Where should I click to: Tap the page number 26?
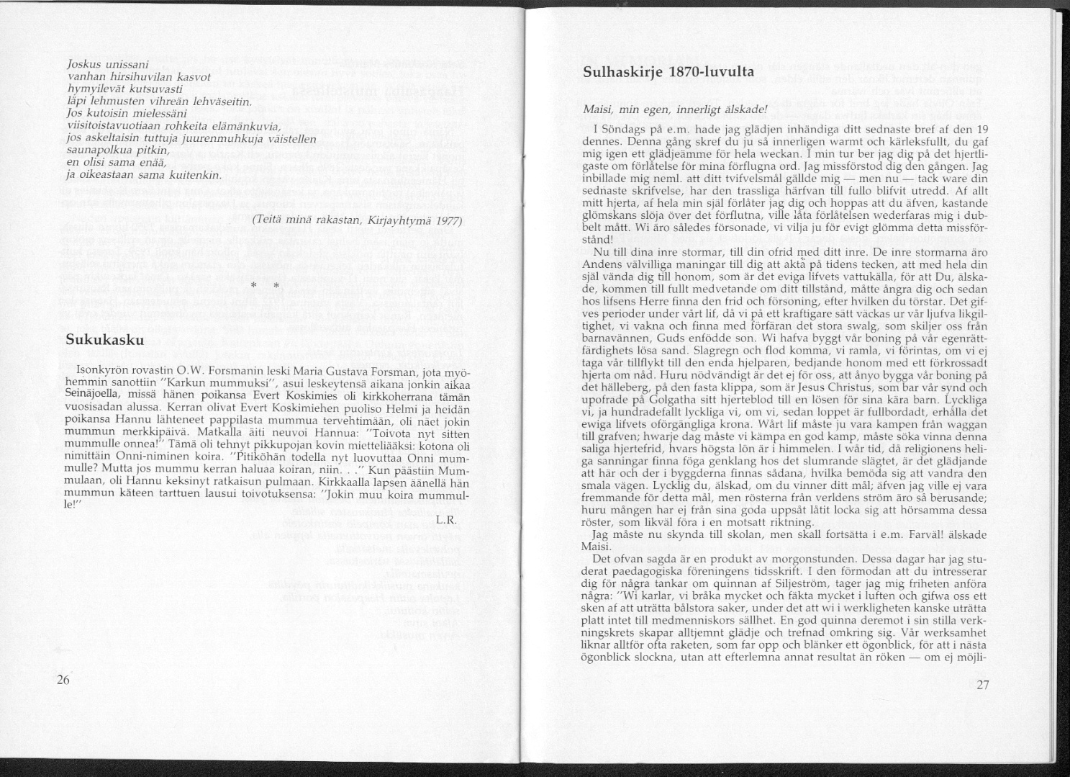[63, 681]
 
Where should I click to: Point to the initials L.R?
[446, 518]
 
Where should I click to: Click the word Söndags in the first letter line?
[625, 129]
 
